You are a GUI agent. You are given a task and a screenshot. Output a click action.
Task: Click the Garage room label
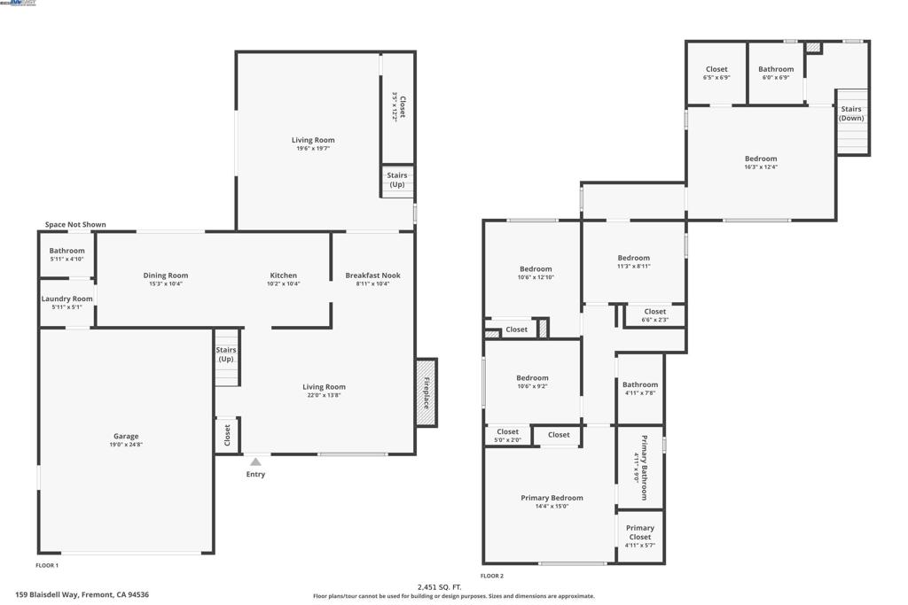tap(126, 436)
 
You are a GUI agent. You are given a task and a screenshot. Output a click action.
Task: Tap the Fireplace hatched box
tap(427, 392)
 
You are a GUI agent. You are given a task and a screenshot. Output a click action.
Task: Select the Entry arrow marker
tap(255, 462)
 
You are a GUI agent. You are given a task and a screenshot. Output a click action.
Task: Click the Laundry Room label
tap(67, 299)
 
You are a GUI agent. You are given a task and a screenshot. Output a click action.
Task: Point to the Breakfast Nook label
tap(372, 275)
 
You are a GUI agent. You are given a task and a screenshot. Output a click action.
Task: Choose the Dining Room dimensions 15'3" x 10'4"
tap(166, 284)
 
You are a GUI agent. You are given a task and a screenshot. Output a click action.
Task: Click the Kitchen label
tap(284, 275)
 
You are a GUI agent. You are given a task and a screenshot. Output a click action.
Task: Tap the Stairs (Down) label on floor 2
tap(851, 113)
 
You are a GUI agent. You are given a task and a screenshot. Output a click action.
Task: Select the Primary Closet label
tap(640, 532)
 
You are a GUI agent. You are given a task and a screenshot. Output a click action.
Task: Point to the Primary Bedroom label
tap(552, 498)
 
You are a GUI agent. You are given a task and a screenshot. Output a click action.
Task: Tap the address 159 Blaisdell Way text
tap(82, 595)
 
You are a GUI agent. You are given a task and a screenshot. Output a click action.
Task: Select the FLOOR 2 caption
tap(492, 576)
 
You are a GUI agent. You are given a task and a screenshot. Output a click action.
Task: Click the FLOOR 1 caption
tap(47, 565)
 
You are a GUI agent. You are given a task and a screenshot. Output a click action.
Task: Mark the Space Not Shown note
tap(75, 225)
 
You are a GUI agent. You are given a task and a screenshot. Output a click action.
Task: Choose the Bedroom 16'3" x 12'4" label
tap(761, 159)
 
